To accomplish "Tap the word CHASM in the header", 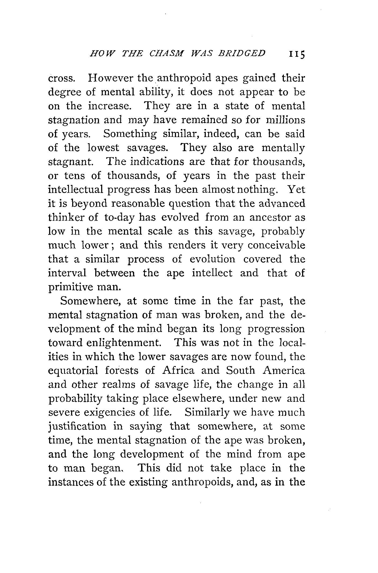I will (x=166, y=53).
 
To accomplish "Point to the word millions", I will (x=285, y=120).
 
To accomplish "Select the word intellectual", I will (x=76, y=189).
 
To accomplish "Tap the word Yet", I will (x=296, y=189).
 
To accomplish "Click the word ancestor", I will (x=270, y=217).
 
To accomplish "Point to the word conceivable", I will (x=276, y=245).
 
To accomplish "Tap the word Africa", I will (x=178, y=371).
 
